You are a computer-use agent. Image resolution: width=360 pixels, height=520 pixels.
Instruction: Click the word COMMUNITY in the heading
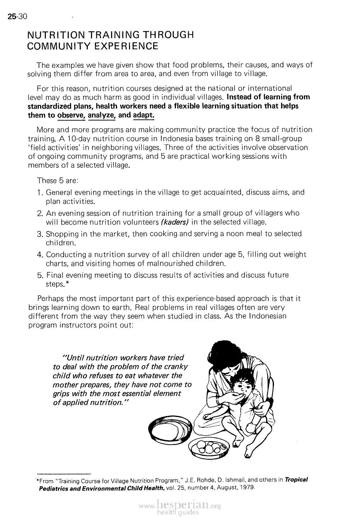pyautogui.click(x=56, y=46)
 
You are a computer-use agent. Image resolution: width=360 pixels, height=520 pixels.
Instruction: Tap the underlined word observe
pyautogui.click(x=70, y=116)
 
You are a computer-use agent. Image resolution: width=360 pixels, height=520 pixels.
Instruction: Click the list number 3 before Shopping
pyautogui.click(x=39, y=234)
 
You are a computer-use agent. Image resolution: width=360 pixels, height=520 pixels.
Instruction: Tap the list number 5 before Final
pyautogui.click(x=39, y=275)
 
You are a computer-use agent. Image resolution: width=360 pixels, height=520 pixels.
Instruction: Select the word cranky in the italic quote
pyautogui.click(x=177, y=367)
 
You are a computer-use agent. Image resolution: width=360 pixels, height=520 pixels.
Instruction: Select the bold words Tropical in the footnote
pyautogui.click(x=296, y=479)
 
